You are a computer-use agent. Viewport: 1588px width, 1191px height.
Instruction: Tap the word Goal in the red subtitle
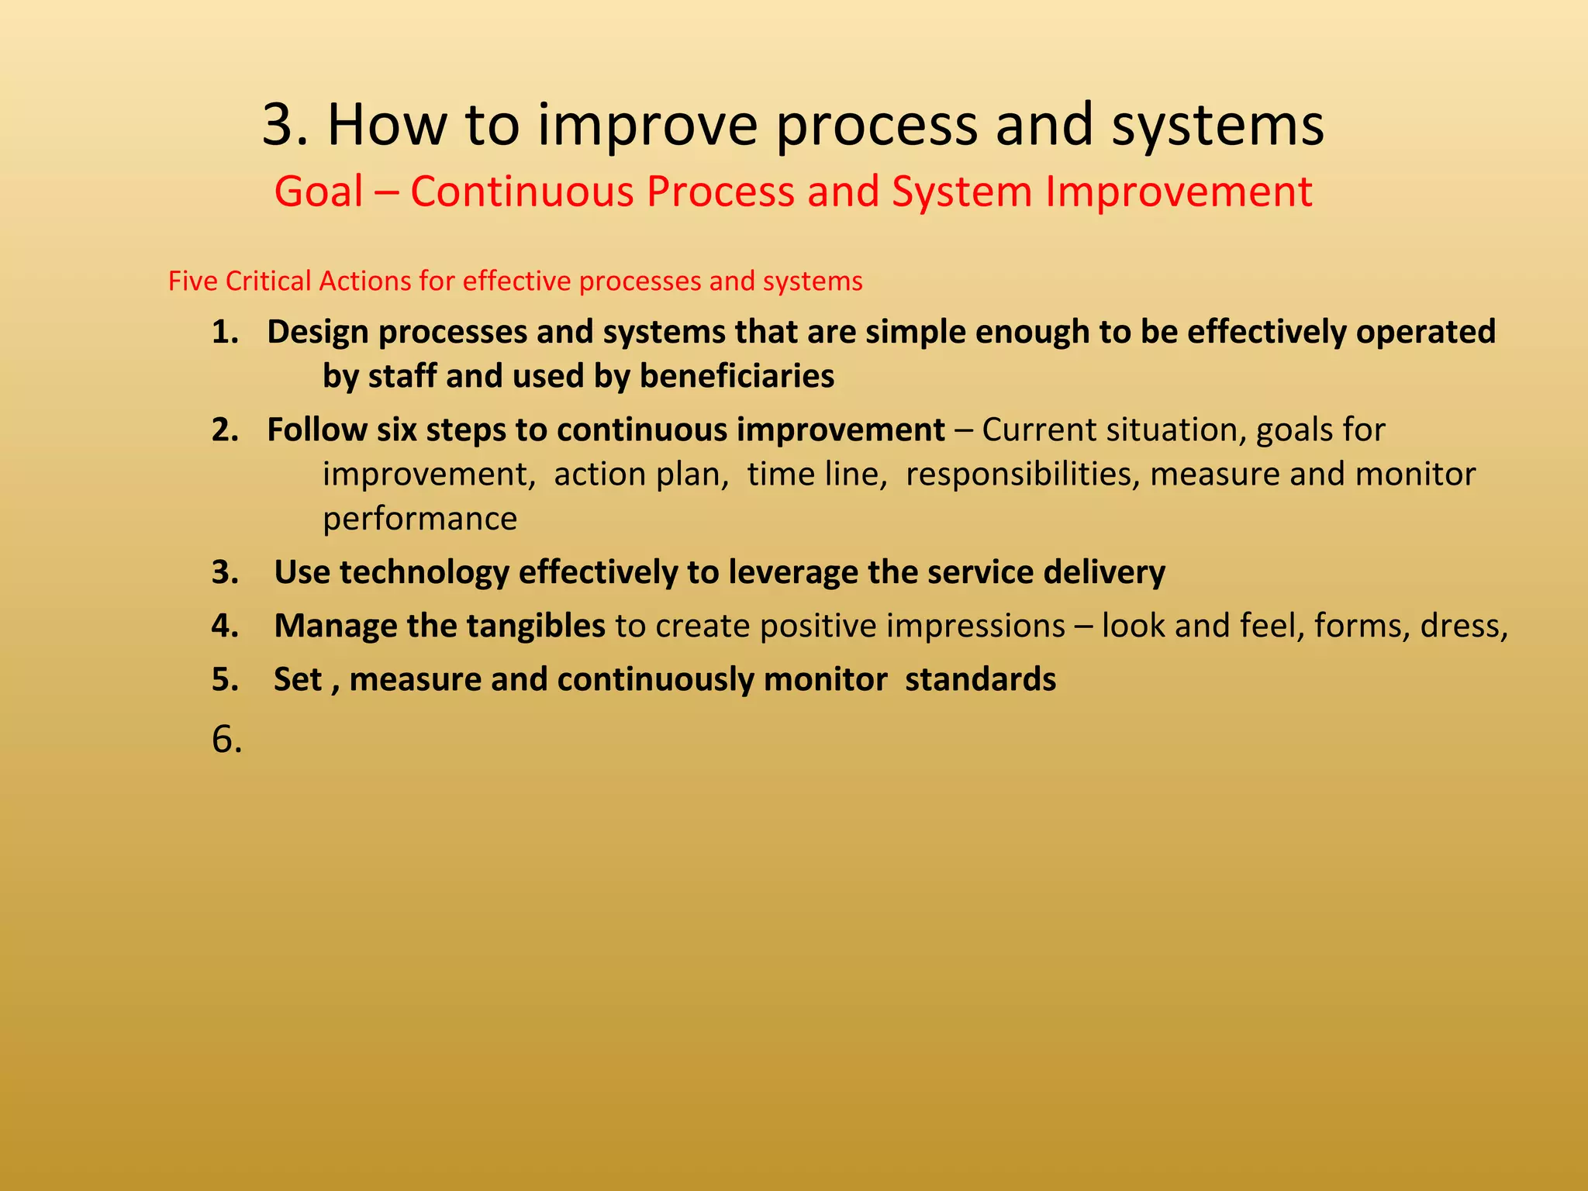pyautogui.click(x=319, y=192)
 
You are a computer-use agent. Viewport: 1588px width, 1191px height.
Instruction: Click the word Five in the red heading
pyautogui.click(x=193, y=281)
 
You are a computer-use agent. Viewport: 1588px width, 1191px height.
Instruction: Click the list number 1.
pyautogui.click(x=225, y=333)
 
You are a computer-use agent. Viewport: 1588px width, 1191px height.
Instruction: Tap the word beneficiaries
pyautogui.click(x=737, y=376)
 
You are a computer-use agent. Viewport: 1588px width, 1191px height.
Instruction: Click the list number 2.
pyautogui.click(x=225, y=430)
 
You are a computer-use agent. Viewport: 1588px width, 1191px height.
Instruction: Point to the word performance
pyautogui.click(x=419, y=519)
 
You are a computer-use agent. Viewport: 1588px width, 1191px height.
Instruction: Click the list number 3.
pyautogui.click(x=225, y=573)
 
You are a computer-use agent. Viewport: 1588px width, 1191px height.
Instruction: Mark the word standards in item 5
pyautogui.click(x=980, y=680)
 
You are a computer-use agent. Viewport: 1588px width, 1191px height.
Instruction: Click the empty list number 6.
pyautogui.click(x=226, y=740)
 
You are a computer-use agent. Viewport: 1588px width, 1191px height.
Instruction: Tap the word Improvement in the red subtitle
pyautogui.click(x=1179, y=192)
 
